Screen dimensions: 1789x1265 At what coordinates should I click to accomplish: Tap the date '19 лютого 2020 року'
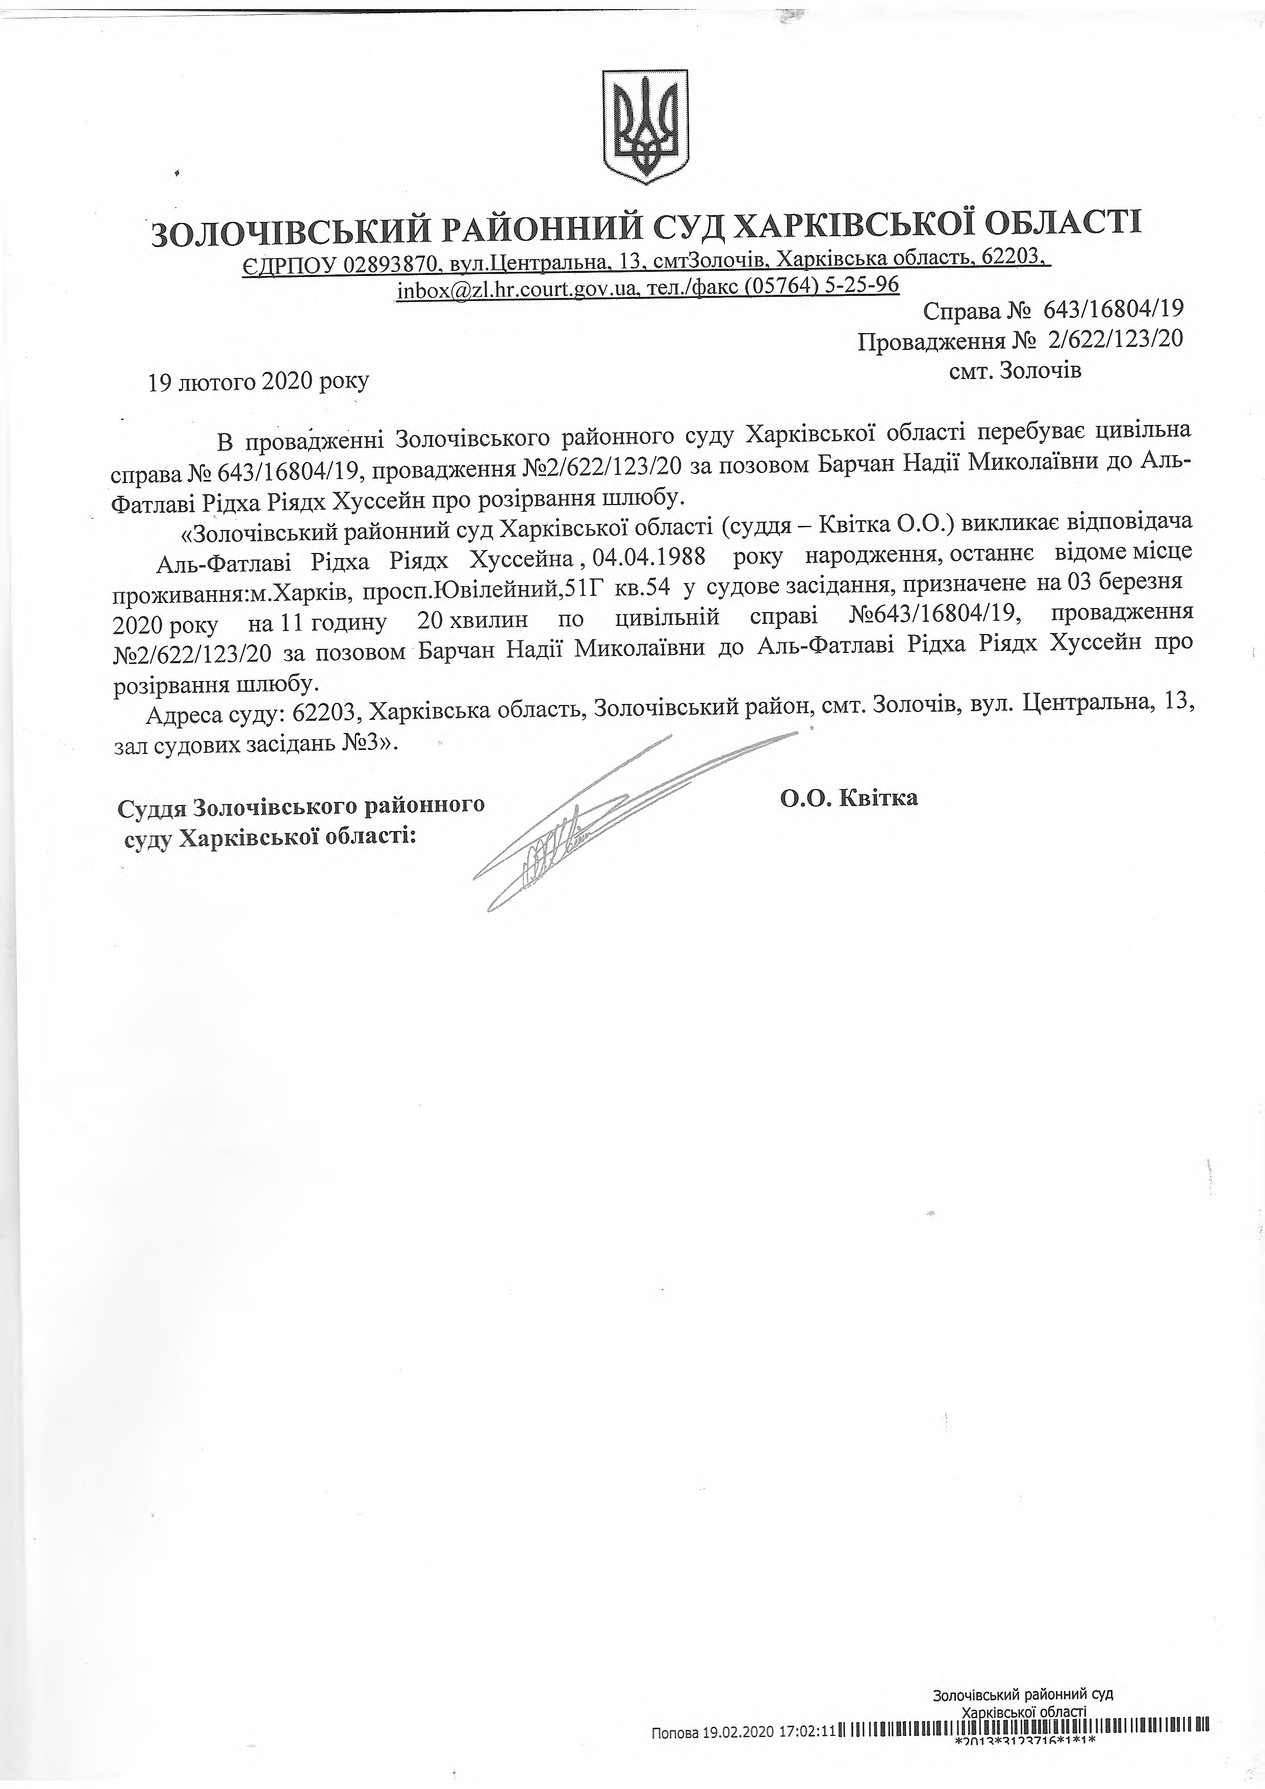(x=248, y=382)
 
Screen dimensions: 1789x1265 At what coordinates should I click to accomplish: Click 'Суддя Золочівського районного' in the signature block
(x=300, y=805)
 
